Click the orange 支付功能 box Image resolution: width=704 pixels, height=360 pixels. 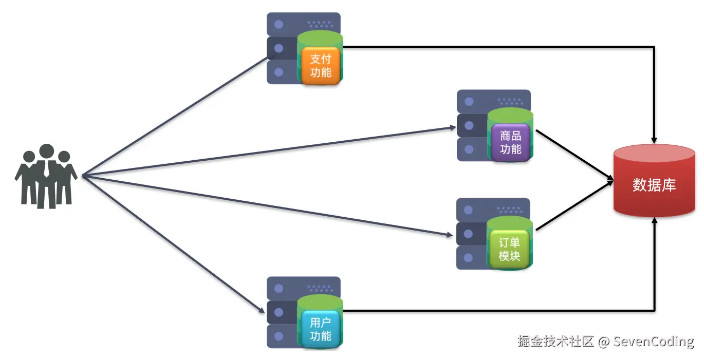click(321, 66)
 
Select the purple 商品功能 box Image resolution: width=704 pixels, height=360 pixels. click(510, 143)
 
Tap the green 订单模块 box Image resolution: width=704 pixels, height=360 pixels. click(510, 250)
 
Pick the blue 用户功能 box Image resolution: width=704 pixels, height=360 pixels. click(321, 329)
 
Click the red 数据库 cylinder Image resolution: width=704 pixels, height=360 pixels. click(654, 181)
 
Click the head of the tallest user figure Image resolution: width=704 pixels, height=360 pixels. click(47, 151)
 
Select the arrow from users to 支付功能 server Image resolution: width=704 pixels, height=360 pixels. click(175, 116)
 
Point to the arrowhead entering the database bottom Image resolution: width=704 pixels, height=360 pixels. click(654, 220)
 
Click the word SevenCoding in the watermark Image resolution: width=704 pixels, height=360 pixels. click(653, 342)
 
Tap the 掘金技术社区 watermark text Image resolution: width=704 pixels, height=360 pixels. click(555, 342)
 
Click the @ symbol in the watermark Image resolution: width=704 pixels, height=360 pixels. click(604, 342)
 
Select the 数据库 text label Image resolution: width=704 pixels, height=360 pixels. click(654, 185)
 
